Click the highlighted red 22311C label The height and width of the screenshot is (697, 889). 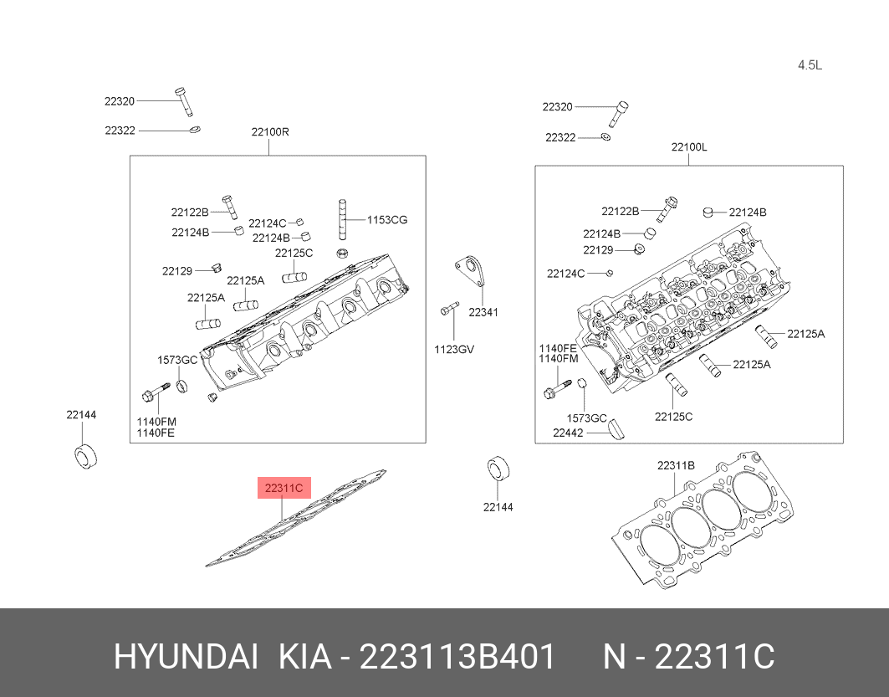pyautogui.click(x=284, y=488)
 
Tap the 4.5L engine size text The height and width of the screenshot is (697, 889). pyautogui.click(x=810, y=65)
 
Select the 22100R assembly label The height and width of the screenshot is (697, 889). pyautogui.click(x=270, y=132)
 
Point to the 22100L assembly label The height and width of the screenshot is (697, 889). pyautogui.click(x=689, y=147)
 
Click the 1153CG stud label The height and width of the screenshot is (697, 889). pyautogui.click(x=386, y=219)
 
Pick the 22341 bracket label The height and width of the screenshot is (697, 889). pyautogui.click(x=483, y=312)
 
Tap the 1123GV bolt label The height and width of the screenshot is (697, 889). pyautogui.click(x=454, y=350)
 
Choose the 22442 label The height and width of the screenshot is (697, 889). pyautogui.click(x=568, y=433)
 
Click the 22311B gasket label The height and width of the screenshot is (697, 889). pyautogui.click(x=676, y=465)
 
